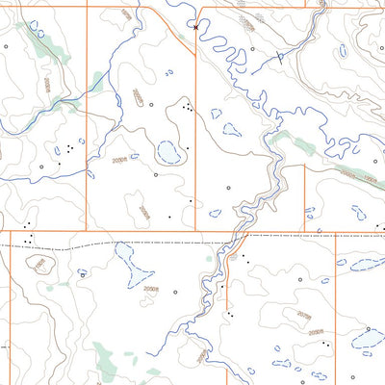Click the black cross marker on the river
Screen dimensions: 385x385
pos(196,28)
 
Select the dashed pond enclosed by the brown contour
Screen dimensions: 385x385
pos(169,152)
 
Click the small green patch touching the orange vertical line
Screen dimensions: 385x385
pos(96,81)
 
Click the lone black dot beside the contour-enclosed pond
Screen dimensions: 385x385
pos(191,200)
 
